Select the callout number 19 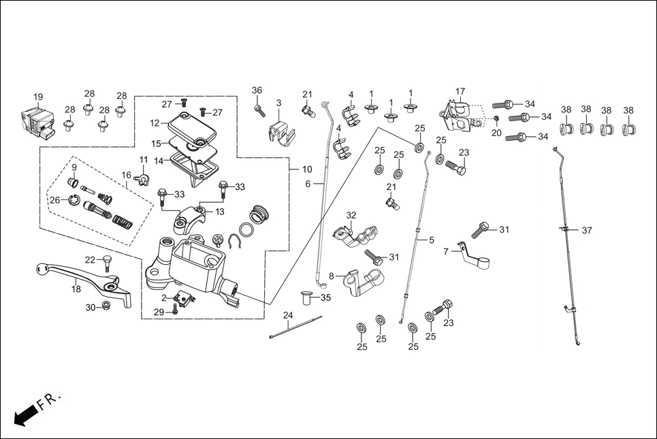pyautogui.click(x=38, y=97)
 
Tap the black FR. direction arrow pyautogui.click(x=25, y=414)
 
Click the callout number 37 pyautogui.click(x=586, y=230)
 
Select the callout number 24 pyautogui.click(x=288, y=315)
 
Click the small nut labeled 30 pyautogui.click(x=106, y=306)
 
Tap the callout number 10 pyautogui.click(x=306, y=169)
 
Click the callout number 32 pyautogui.click(x=351, y=215)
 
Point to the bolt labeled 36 pyautogui.click(x=259, y=110)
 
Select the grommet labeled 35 pyautogui.click(x=306, y=297)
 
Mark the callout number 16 pyautogui.click(x=127, y=175)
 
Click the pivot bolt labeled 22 pyautogui.click(x=106, y=263)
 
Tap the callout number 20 pyautogui.click(x=496, y=133)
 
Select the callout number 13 pyautogui.click(x=219, y=212)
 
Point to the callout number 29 pyautogui.click(x=158, y=312)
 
